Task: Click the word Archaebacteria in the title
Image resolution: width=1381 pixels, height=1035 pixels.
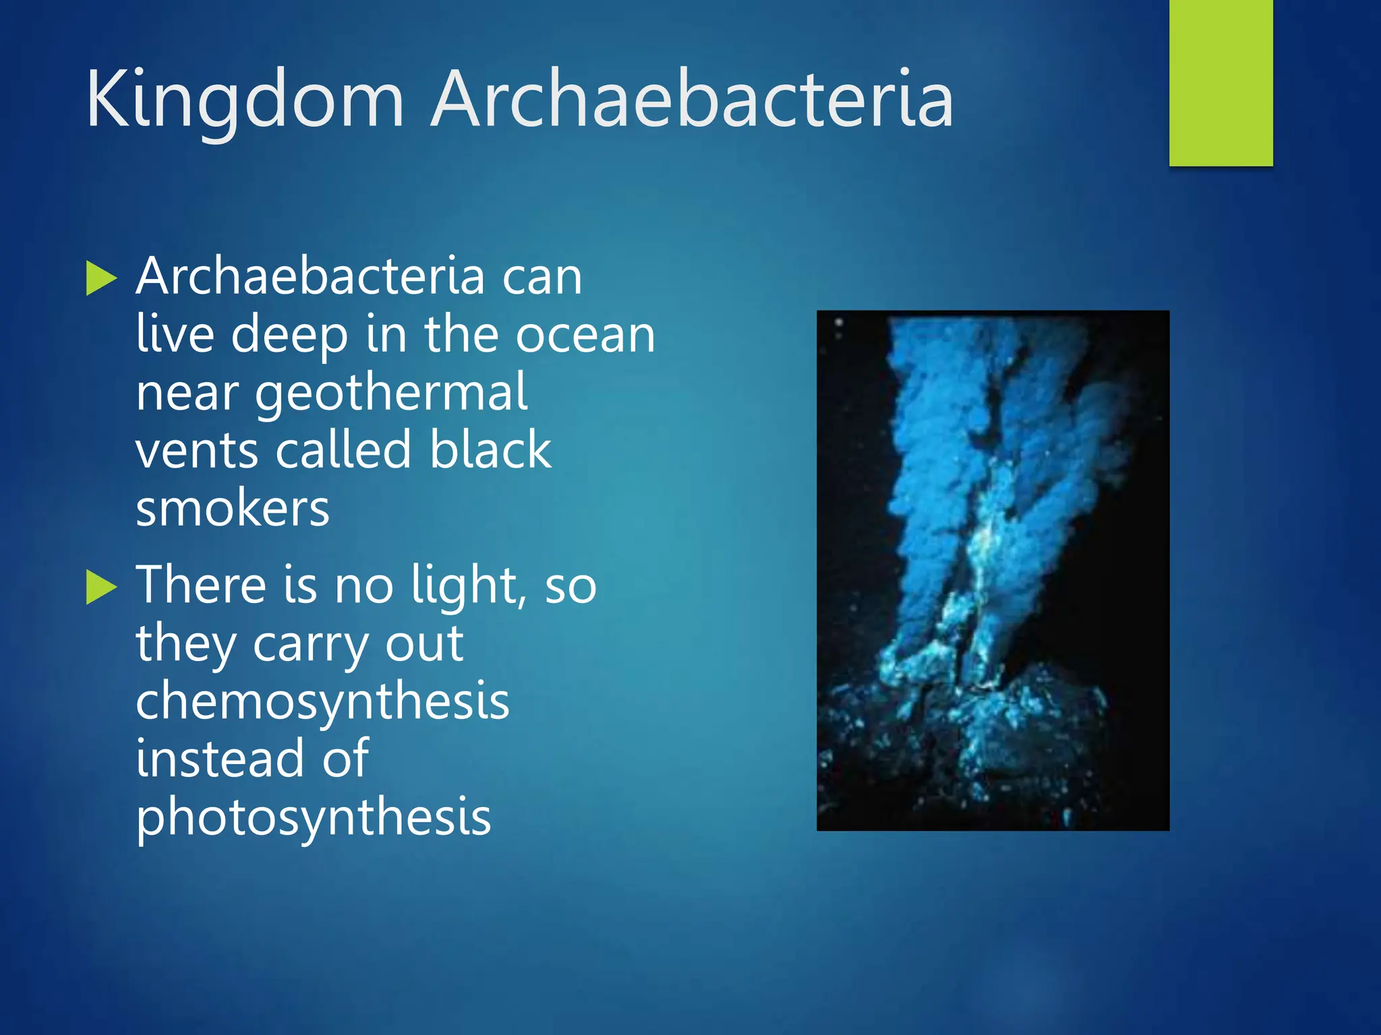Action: coord(693,100)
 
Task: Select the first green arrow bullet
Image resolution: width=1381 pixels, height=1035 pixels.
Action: coord(102,279)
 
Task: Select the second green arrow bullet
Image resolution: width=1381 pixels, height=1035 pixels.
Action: coord(102,587)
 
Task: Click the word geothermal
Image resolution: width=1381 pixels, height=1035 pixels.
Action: coord(391,393)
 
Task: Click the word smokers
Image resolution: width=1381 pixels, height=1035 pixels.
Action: coord(233,509)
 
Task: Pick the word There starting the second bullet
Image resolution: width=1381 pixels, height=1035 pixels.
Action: coord(202,584)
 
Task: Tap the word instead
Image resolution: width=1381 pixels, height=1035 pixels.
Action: coord(220,759)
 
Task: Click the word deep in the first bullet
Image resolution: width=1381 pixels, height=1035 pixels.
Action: coord(289,335)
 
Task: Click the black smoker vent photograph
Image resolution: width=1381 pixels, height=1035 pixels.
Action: coord(993,570)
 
